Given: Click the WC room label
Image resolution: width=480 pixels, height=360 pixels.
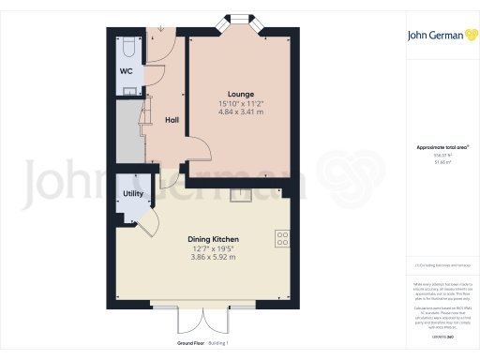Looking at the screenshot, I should pos(126,71).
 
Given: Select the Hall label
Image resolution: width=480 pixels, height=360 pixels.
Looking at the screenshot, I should pos(172,120).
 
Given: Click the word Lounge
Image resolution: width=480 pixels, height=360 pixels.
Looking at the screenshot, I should pos(240,94).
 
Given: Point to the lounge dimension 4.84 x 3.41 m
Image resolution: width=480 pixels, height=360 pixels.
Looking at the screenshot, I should pos(240,112).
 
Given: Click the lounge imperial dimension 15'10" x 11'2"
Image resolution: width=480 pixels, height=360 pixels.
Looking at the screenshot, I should pos(240,103).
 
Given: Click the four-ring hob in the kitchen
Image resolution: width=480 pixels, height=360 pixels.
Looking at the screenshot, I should pos(281,238).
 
